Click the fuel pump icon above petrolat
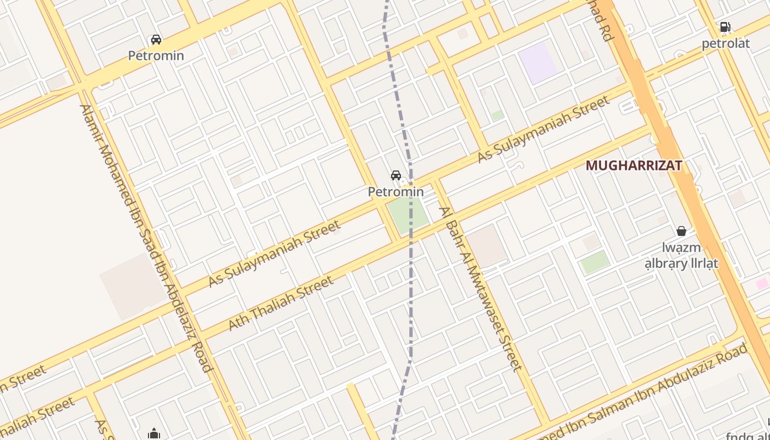tap(725, 27)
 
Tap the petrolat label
tap(725, 43)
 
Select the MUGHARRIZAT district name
tap(634, 166)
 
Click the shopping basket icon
tap(681, 231)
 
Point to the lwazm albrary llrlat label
tap(681, 256)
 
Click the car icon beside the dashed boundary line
tap(395, 175)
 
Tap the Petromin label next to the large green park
tap(395, 192)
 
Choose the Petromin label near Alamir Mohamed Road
tap(156, 56)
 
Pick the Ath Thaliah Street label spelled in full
tap(280, 304)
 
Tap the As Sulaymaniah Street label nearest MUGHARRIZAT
tap(543, 129)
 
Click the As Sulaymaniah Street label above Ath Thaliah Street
tap(274, 254)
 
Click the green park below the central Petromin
tap(408, 215)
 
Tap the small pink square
tap(762, 283)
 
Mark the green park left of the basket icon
tap(595, 262)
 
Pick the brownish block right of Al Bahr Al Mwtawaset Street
tap(486, 245)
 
